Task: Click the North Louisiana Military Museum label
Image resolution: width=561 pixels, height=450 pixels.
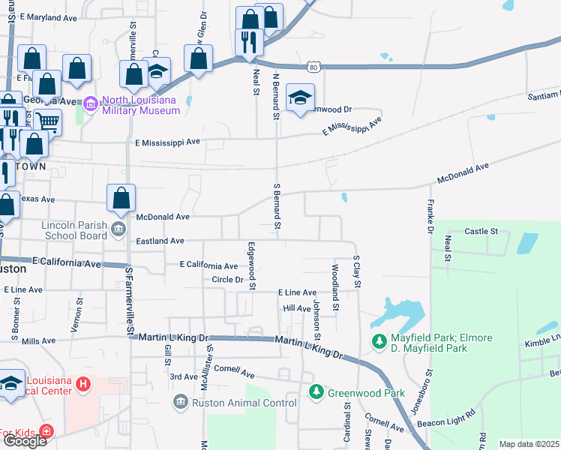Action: click(x=140, y=105)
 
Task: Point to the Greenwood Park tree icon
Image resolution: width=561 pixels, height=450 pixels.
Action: click(x=316, y=392)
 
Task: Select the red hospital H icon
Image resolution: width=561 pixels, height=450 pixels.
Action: click(x=83, y=384)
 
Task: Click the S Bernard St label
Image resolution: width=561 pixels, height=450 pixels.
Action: click(x=277, y=205)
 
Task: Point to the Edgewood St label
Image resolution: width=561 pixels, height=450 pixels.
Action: click(x=252, y=265)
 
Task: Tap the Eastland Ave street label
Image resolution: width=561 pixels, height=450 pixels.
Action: click(x=160, y=241)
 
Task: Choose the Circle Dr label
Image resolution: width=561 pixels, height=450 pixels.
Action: click(x=228, y=280)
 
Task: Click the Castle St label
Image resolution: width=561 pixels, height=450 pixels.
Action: click(x=481, y=232)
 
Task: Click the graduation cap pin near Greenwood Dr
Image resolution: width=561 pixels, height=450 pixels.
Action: click(x=300, y=97)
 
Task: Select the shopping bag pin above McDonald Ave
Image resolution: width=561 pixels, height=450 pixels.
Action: click(x=121, y=199)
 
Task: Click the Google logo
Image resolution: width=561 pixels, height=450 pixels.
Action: click(x=25, y=441)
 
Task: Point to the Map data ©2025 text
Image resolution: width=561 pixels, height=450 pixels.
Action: click(x=529, y=444)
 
